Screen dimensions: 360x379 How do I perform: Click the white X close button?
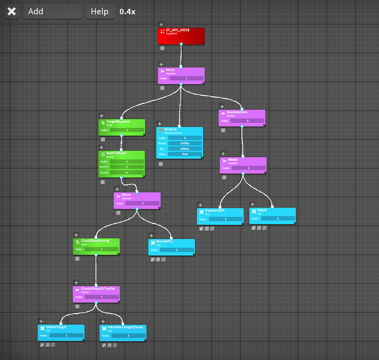[x=12, y=12]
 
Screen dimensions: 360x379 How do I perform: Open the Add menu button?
[x=52, y=12]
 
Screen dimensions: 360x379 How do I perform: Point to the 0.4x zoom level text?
[x=127, y=12]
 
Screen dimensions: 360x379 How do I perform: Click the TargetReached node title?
[x=118, y=122]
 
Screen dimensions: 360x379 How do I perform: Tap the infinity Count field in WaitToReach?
[x=127, y=172]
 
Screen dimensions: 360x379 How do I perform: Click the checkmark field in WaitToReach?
[x=127, y=167]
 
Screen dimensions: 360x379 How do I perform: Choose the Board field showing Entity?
[x=185, y=143]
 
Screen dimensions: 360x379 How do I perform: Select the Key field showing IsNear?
[x=185, y=149]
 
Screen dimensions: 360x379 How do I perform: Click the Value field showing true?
[x=185, y=154]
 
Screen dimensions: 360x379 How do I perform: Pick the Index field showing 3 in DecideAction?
[x=247, y=121]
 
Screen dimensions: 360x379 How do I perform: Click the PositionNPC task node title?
[x=215, y=211]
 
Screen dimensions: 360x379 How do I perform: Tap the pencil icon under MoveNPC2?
[x=152, y=259]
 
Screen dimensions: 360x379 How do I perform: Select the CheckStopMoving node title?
[x=95, y=241]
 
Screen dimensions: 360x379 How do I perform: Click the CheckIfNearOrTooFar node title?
[x=98, y=289]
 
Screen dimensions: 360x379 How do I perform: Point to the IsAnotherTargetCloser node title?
[x=125, y=327]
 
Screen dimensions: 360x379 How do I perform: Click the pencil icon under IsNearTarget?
[x=42, y=345]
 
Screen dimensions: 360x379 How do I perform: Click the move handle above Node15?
[x=160, y=124]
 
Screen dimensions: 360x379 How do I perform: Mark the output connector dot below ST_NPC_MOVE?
[x=181, y=44]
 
